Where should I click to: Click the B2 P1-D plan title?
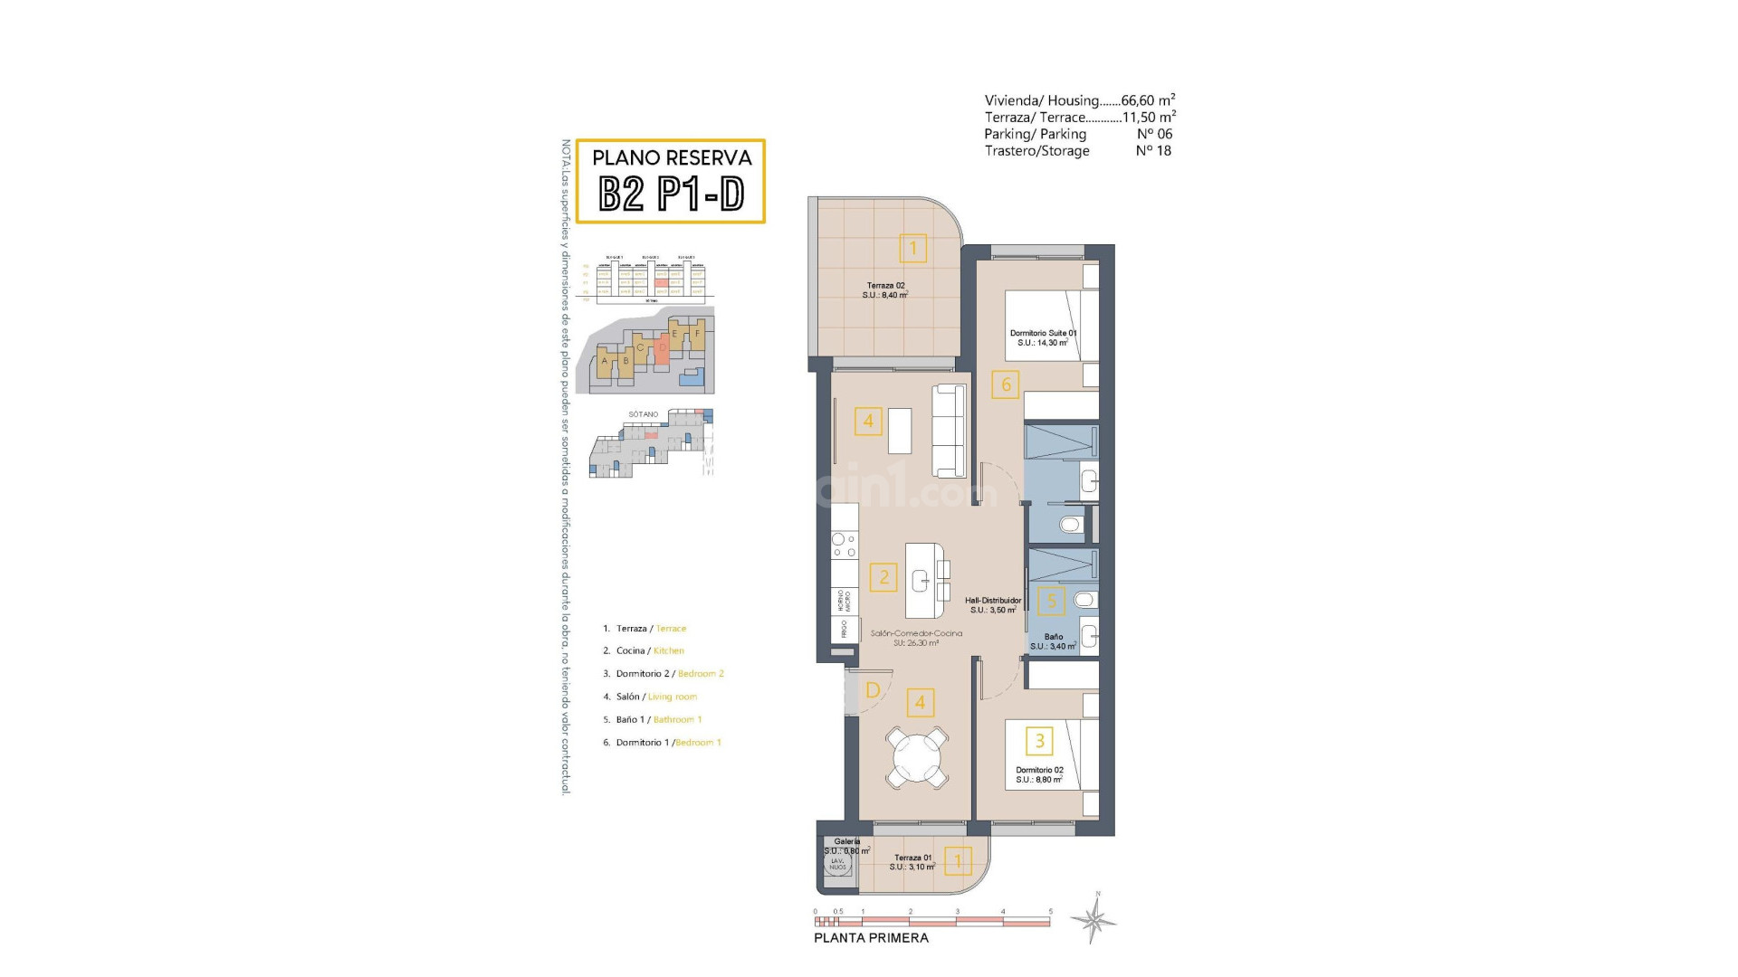pos(671,194)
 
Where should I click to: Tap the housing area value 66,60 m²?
pos(1148,100)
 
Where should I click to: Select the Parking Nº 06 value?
pos(1154,134)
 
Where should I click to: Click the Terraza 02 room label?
pos(885,290)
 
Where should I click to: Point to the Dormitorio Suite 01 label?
pos(1043,337)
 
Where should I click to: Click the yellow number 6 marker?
pos(1006,384)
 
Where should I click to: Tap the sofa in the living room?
pos(949,431)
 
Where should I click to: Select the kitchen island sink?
pos(922,580)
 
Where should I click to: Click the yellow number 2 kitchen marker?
pos(883,577)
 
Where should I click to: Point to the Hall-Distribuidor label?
pos(992,605)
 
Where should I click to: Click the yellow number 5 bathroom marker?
pos(1051,601)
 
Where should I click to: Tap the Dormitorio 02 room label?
pos(1039,774)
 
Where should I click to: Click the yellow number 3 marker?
pos(1039,741)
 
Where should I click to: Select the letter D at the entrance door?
pos(873,690)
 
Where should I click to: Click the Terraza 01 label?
pos(912,862)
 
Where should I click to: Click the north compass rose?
pos(1094,920)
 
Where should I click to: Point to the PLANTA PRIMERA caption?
pos(871,938)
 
